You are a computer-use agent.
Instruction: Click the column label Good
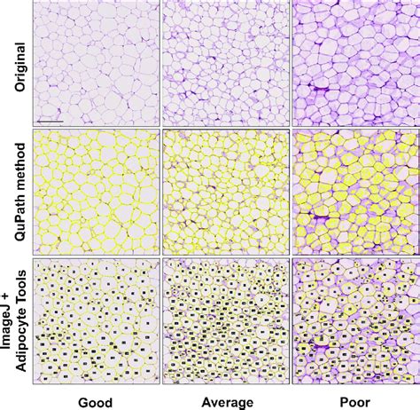pyautogui.click(x=94, y=402)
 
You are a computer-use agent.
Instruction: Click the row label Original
pyautogui.click(x=13, y=62)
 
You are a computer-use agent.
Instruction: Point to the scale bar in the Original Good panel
pyautogui.click(x=50, y=119)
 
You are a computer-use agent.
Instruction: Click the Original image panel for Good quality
pyautogui.click(x=94, y=62)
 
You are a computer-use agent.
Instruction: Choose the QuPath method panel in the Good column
pyautogui.click(x=94, y=192)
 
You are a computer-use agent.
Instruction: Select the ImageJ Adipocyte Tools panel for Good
pyautogui.click(x=94, y=321)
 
